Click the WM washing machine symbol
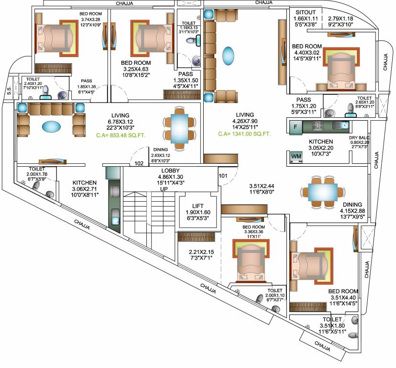tap(296, 157)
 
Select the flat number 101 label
tap(223, 175)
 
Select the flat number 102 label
tap(139, 163)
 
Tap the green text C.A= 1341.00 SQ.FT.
tap(244, 134)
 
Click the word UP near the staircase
tap(164, 190)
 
